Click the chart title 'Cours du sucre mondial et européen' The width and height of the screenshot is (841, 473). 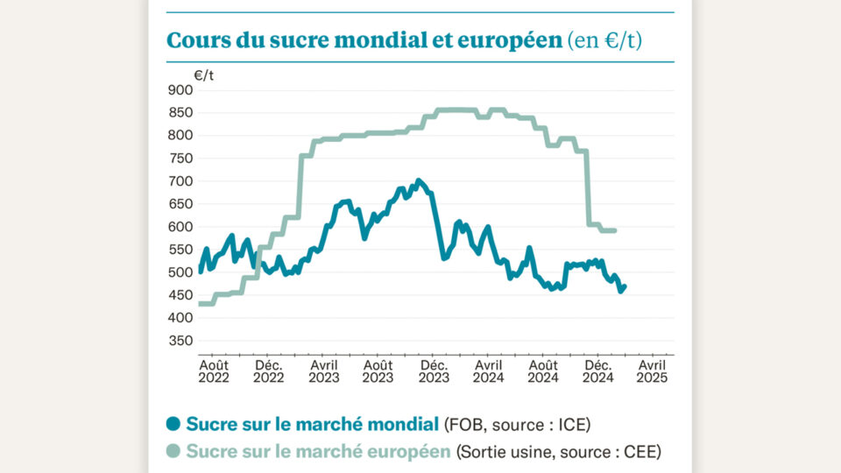pyautogui.click(x=364, y=40)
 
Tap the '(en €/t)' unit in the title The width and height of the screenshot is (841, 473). pyautogui.click(x=604, y=40)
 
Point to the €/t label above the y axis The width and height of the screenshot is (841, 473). pyautogui.click(x=203, y=75)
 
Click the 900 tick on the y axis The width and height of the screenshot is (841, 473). pyautogui.click(x=180, y=89)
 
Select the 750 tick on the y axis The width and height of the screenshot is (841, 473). pyautogui.click(x=180, y=158)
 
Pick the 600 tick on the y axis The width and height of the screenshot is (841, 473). pyautogui.click(x=180, y=226)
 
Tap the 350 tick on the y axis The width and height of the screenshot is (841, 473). pyautogui.click(x=180, y=341)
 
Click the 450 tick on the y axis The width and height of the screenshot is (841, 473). pyautogui.click(x=180, y=295)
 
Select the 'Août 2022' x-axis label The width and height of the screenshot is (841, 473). pyautogui.click(x=215, y=371)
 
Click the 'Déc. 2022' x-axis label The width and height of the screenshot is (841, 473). pyautogui.click(x=269, y=371)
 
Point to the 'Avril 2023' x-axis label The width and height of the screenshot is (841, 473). pyautogui.click(x=324, y=371)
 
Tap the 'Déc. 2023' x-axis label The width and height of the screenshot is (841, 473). pyautogui.click(x=434, y=371)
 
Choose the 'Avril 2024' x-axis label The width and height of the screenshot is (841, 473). pyautogui.click(x=488, y=371)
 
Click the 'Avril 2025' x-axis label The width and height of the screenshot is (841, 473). pyautogui.click(x=652, y=371)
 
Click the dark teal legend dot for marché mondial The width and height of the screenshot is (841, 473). pyautogui.click(x=173, y=425)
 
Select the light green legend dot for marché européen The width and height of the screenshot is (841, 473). pyautogui.click(x=173, y=452)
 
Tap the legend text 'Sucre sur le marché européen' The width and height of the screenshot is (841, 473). pyautogui.click(x=319, y=452)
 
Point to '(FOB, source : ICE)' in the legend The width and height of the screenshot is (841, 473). pyautogui.click(x=517, y=425)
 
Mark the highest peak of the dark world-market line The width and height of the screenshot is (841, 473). pyautogui.click(x=418, y=181)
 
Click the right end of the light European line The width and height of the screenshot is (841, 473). pyautogui.click(x=615, y=230)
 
